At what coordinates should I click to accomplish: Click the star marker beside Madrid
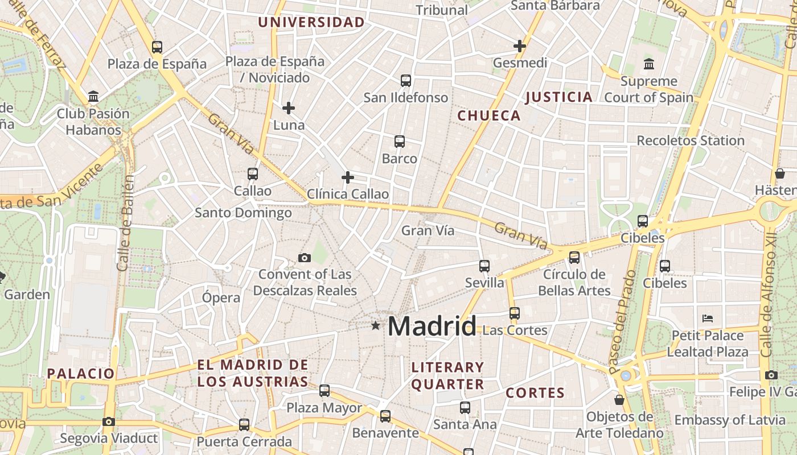click(376, 326)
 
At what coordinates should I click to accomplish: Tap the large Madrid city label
click(432, 326)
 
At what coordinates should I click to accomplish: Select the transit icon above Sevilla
click(484, 266)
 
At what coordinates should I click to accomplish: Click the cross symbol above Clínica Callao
click(348, 177)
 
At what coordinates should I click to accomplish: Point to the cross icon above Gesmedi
click(520, 46)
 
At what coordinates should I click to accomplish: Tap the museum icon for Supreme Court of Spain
click(649, 64)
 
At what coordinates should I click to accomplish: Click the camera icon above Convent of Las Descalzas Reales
click(305, 258)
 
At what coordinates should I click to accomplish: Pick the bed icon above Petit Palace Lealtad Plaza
click(708, 318)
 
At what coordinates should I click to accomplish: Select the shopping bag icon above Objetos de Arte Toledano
click(619, 400)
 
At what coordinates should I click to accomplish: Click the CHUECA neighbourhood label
click(489, 116)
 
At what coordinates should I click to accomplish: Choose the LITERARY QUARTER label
click(447, 376)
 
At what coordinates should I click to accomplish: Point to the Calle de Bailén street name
click(126, 223)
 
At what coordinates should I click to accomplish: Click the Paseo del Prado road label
click(622, 321)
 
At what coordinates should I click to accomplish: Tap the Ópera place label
click(221, 297)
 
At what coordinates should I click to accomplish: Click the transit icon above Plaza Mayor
click(324, 391)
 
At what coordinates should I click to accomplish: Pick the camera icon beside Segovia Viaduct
click(109, 421)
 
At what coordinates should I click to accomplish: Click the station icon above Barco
click(400, 142)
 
